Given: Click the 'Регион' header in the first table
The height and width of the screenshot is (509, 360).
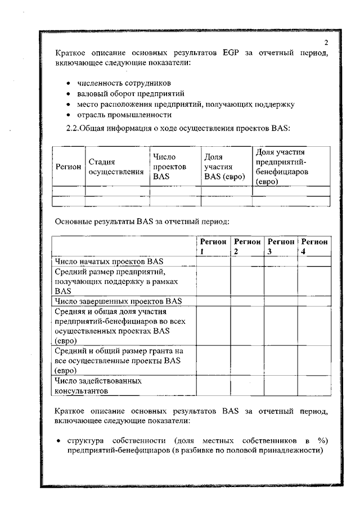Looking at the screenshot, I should coord(67,167).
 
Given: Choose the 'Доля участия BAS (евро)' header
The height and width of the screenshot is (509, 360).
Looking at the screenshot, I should coord(225,167).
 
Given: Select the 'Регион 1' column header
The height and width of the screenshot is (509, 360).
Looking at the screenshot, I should coord(213,246).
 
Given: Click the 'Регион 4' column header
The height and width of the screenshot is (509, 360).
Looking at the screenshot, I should coord(314,246).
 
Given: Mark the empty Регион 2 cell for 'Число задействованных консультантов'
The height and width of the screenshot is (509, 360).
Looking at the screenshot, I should coord(247,385).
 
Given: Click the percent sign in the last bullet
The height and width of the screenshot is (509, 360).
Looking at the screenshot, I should coord(322,439).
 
